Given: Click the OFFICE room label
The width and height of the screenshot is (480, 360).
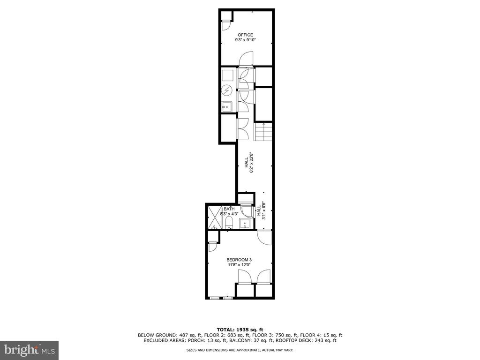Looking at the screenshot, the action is pyautogui.click(x=245, y=35).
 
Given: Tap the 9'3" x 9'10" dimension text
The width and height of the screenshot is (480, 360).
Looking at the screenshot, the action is pyautogui.click(x=245, y=40).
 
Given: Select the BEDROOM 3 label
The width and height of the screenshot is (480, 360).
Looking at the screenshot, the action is pyautogui.click(x=239, y=260).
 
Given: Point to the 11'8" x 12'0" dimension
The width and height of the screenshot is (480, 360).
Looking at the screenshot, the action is pyautogui.click(x=239, y=265).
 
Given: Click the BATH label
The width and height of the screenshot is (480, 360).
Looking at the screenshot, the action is pyautogui.click(x=229, y=209).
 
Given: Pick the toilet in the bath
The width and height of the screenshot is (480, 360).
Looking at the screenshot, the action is pyautogui.click(x=229, y=223).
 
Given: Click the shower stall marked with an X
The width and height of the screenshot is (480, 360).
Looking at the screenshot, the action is pyautogui.click(x=215, y=217).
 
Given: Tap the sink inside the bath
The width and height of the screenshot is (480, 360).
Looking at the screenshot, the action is pyautogui.click(x=245, y=224).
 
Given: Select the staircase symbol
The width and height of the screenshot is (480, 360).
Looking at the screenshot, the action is pyautogui.click(x=263, y=132).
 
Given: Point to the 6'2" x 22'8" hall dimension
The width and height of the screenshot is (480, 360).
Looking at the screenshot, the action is pyautogui.click(x=249, y=163).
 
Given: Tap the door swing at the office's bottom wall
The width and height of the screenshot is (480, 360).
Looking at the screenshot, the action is pyautogui.click(x=246, y=59).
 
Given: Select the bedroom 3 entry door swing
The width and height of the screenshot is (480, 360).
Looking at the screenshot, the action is pyautogui.click(x=264, y=237).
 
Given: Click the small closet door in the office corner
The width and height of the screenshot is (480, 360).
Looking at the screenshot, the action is pyautogui.click(x=227, y=25).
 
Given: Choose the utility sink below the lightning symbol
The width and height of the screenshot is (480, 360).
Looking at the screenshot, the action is pyautogui.click(x=227, y=106).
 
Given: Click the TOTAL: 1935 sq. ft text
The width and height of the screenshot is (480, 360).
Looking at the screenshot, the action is pyautogui.click(x=240, y=330).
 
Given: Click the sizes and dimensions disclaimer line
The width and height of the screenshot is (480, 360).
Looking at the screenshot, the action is pyautogui.click(x=240, y=350).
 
